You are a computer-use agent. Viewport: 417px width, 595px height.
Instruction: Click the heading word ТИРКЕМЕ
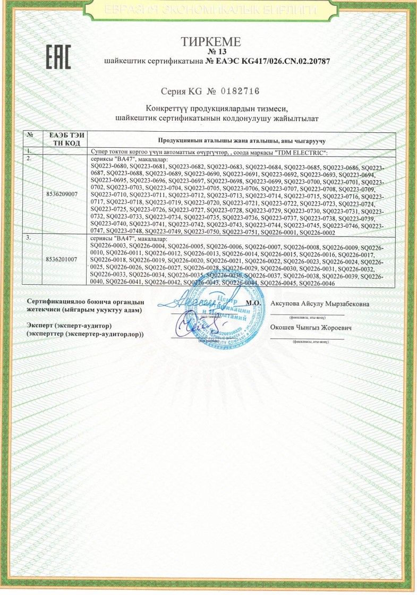pyautogui.click(x=211, y=42)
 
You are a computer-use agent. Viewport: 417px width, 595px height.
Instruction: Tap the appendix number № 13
pyautogui.click(x=211, y=52)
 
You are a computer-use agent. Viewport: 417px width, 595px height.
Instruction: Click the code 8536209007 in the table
pyautogui.click(x=62, y=194)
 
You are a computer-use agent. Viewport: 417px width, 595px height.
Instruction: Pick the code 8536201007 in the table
pyautogui.click(x=62, y=259)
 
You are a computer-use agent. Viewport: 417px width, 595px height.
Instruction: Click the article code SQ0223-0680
pyautogui.click(x=108, y=167)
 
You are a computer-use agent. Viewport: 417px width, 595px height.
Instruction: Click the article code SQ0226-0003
pyautogui.click(x=108, y=247)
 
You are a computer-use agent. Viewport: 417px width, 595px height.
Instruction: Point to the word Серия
pyautogui.click(x=174, y=91)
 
